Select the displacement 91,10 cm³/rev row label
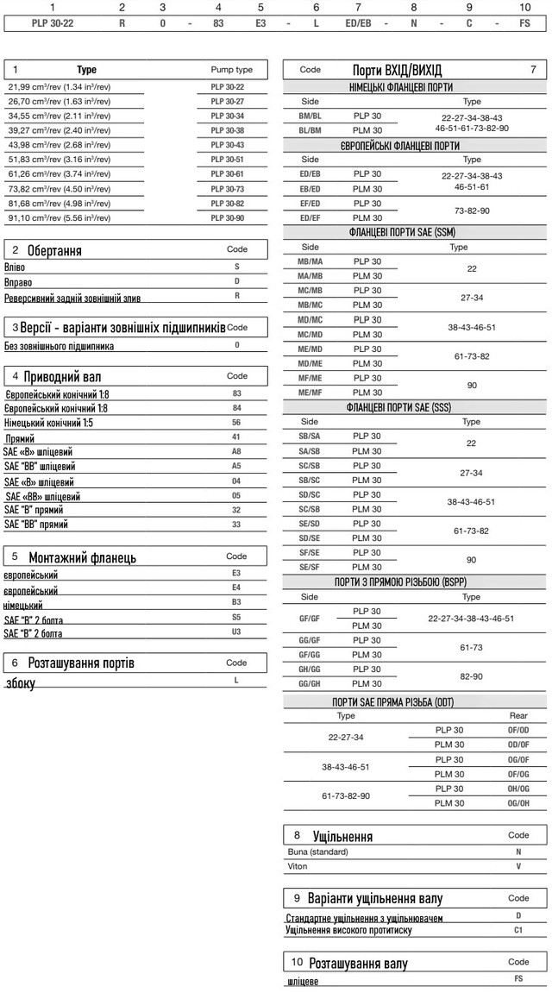click(59, 217)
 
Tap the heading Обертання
click(54, 251)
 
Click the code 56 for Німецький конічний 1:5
click(236, 424)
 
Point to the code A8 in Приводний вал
click(236, 451)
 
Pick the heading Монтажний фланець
click(82, 557)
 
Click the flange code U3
click(236, 632)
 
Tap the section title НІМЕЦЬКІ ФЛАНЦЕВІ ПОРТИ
click(413, 87)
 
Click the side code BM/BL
click(310, 114)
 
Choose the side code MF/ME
click(310, 377)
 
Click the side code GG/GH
click(310, 682)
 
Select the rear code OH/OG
click(518, 789)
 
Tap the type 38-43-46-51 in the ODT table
click(345, 766)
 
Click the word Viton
click(297, 864)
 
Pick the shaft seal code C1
click(518, 930)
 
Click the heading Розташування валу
click(358, 963)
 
